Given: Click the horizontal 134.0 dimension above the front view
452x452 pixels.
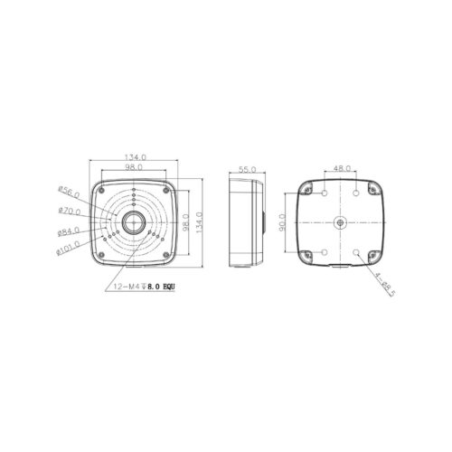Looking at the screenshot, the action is pyautogui.click(x=136, y=157).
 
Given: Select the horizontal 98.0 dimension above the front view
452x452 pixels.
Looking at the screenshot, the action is pyautogui.click(x=134, y=167).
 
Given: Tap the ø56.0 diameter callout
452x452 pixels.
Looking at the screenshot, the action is pyautogui.click(x=69, y=193).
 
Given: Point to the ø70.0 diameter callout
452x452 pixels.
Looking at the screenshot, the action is pyautogui.click(x=70, y=211).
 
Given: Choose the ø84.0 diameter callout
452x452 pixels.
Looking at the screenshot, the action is pyautogui.click(x=69, y=231).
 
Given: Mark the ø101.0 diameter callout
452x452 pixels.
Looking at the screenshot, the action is pyautogui.click(x=68, y=249).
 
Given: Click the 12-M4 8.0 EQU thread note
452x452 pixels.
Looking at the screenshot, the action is pyautogui.click(x=144, y=287).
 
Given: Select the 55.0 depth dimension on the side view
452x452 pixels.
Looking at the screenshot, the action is pyautogui.click(x=247, y=169).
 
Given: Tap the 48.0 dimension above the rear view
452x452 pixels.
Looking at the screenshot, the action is pyautogui.click(x=343, y=168).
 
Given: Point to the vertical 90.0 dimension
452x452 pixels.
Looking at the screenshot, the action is pyautogui.click(x=282, y=222).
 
